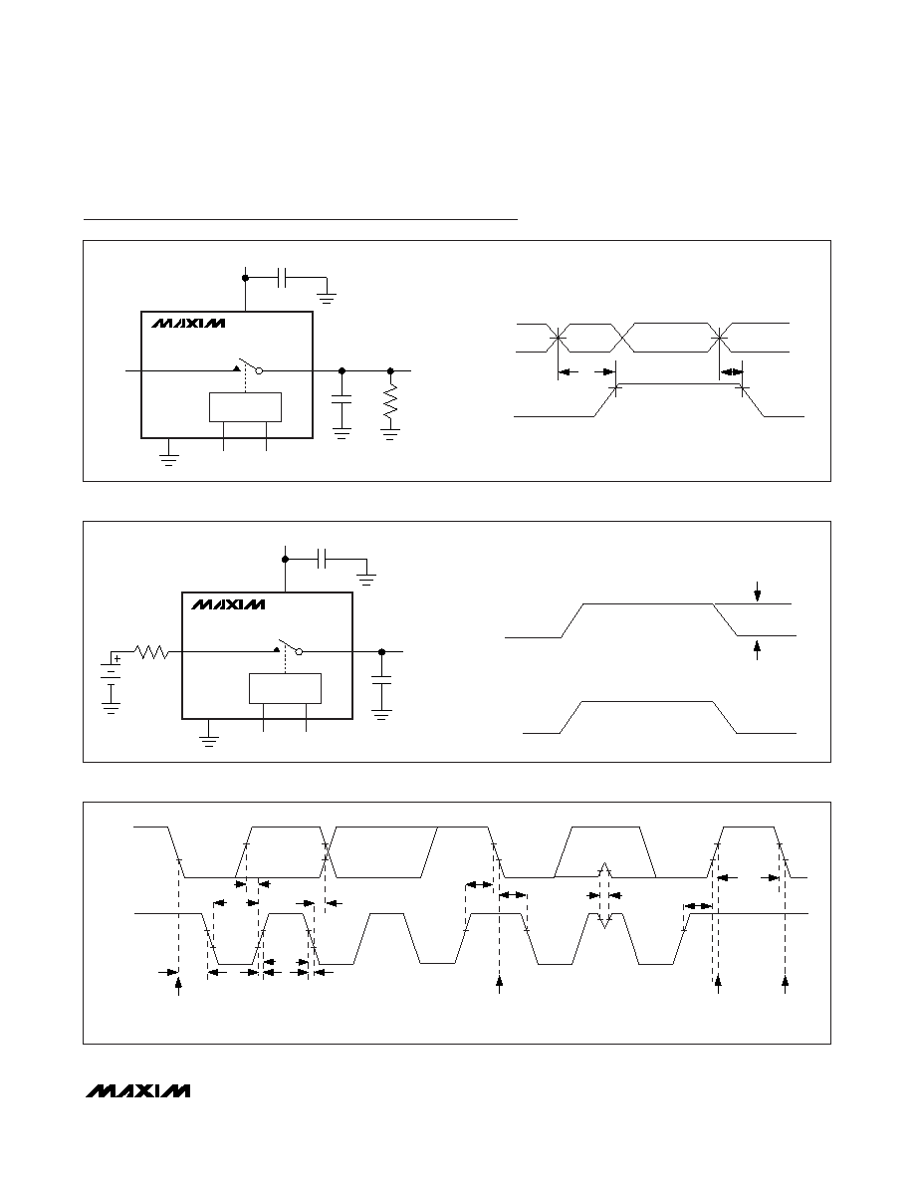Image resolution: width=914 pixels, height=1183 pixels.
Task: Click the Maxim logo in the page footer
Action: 138,1091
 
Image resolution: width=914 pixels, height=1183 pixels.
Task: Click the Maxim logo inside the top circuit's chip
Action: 188,323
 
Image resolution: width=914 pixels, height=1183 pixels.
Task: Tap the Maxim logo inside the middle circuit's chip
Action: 228,604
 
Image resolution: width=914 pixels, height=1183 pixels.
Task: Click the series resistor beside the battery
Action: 151,651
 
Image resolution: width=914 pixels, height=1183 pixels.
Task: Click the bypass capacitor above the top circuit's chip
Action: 282,278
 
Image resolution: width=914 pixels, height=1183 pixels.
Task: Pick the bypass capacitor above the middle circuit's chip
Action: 322,559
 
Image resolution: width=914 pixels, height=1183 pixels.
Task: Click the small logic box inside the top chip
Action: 245,407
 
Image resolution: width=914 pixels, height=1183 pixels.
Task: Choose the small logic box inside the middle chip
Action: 285,688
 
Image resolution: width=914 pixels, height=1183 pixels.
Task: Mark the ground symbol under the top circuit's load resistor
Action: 390,434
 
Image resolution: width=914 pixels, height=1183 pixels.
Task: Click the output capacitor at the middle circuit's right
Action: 381,682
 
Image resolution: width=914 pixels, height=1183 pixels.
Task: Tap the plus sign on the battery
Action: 116,658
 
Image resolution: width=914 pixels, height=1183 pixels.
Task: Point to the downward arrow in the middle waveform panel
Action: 757,592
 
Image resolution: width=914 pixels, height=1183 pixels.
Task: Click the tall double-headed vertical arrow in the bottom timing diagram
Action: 603,895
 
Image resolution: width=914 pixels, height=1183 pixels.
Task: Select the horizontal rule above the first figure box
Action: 301,219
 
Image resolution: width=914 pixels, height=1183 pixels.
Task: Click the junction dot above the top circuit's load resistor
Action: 390,371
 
